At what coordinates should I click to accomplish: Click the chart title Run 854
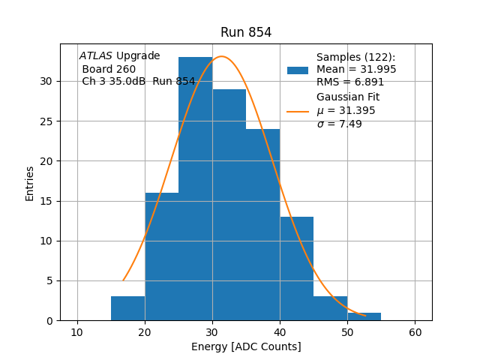pos(246,32)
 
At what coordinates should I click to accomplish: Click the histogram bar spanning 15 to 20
pos(128,308)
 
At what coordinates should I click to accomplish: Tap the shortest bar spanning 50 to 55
pos(364,316)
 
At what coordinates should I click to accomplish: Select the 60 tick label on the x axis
pos(415,332)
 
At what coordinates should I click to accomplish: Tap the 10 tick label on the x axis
pos(77,332)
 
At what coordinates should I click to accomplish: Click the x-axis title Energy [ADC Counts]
pos(246,346)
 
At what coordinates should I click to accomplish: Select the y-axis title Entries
pos(30,183)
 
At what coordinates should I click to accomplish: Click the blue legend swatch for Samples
pos(298,70)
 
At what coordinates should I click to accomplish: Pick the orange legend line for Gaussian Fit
pos(298,111)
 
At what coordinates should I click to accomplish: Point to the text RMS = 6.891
pos(350,82)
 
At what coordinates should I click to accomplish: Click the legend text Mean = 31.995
pos(356,70)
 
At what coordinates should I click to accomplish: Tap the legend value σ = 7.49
pos(339,124)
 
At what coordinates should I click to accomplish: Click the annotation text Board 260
pos(109,69)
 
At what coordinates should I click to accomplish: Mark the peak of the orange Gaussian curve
pos(221,56)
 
